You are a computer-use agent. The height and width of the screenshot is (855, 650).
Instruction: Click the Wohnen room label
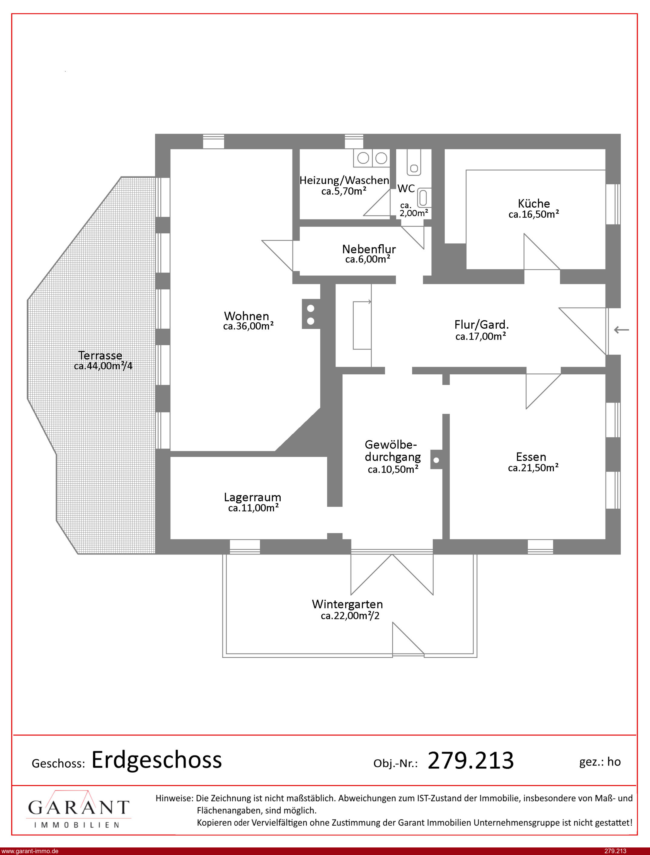pyautogui.click(x=246, y=316)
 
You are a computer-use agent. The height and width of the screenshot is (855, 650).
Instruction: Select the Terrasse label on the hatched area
pyautogui.click(x=100, y=355)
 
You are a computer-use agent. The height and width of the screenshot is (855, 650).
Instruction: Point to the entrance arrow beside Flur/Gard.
pyautogui.click(x=621, y=330)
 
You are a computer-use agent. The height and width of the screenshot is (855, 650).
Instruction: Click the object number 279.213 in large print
pyautogui.click(x=470, y=760)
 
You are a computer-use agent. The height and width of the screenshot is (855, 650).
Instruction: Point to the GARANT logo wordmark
pyautogui.click(x=78, y=807)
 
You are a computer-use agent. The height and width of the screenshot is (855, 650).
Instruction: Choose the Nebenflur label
pyautogui.click(x=369, y=249)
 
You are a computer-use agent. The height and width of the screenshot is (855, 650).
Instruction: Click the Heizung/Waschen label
pyautogui.click(x=344, y=180)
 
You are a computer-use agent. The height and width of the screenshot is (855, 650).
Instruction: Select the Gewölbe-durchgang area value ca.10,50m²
pyautogui.click(x=393, y=469)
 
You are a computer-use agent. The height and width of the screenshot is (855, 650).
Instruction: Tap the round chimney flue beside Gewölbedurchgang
pyautogui.click(x=437, y=460)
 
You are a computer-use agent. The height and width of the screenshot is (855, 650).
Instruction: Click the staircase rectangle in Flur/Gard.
pyautogui.click(x=362, y=325)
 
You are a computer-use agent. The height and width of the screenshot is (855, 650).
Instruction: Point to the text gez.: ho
pyautogui.click(x=600, y=762)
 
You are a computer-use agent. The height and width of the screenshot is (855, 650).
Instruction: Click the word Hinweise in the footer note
pyautogui.click(x=174, y=798)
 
